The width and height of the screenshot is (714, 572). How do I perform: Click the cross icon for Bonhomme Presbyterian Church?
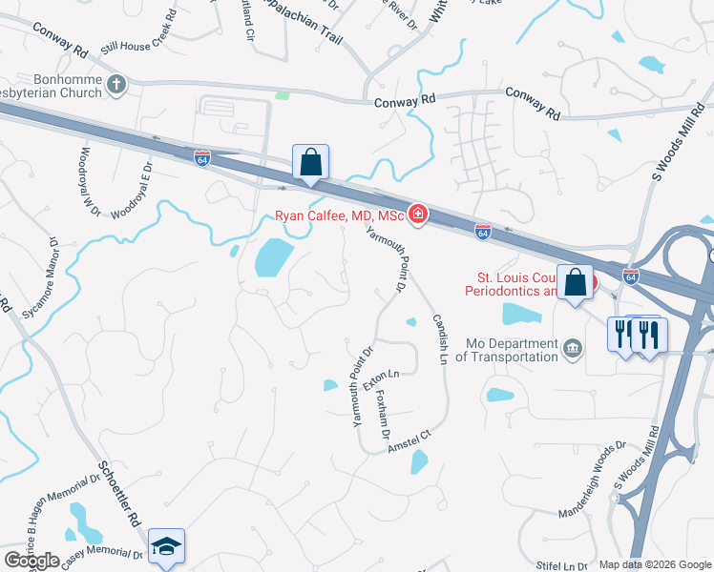click(x=116, y=84)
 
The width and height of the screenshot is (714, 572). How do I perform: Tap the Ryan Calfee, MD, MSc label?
click(x=341, y=216)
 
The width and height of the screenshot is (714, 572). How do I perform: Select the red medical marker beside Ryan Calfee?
click(x=417, y=215)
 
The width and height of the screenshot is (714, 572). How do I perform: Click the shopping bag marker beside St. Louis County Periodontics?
click(x=576, y=284)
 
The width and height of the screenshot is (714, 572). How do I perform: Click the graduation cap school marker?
click(x=166, y=546)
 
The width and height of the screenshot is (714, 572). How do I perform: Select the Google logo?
click(x=31, y=561)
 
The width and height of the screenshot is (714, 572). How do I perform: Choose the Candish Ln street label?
click(x=440, y=339)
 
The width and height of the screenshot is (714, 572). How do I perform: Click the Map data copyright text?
click(x=655, y=564)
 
